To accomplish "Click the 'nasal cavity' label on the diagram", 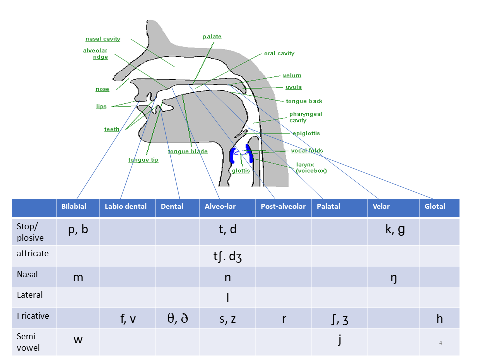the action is (x=103, y=39).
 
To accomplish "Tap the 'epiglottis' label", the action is (x=306, y=133).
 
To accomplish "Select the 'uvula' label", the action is (x=294, y=87).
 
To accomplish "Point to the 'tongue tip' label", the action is (x=143, y=160).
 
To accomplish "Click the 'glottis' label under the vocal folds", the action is (x=241, y=171).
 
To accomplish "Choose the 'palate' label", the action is (x=212, y=36).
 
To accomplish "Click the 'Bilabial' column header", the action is (x=74, y=206).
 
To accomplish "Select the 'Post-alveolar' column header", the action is (x=283, y=206).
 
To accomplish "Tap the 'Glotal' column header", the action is (x=435, y=206).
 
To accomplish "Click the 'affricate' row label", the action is (x=33, y=253).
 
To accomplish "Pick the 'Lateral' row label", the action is (x=30, y=295).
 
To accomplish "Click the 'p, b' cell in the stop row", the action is (x=78, y=229).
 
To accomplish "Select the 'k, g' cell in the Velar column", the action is (x=395, y=229).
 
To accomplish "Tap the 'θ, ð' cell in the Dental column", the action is (x=178, y=318).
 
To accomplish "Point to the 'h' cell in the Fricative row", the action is (x=440, y=318).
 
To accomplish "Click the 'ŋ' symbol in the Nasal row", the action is (x=394, y=278).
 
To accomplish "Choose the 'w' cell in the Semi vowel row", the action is (x=78, y=339).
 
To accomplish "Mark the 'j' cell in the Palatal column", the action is (x=340, y=340).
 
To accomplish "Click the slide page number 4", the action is (x=441, y=343).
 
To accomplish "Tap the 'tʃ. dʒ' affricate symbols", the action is (x=228, y=256).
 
